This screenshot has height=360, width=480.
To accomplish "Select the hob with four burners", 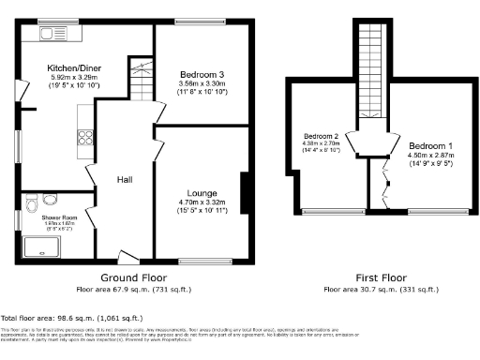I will [x=83, y=138].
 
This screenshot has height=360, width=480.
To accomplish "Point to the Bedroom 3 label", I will [x=201, y=73].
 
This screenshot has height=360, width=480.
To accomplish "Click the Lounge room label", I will [x=201, y=191].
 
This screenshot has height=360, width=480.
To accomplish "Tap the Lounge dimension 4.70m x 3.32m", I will [x=201, y=202].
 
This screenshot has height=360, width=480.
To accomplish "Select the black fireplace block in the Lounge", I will [x=246, y=195].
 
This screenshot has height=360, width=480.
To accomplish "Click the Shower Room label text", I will [x=57, y=217].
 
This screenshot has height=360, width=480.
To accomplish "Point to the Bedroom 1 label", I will [x=430, y=146].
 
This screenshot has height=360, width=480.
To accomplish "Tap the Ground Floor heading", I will [x=133, y=278].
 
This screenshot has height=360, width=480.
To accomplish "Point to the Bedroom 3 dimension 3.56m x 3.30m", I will [x=201, y=83].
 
